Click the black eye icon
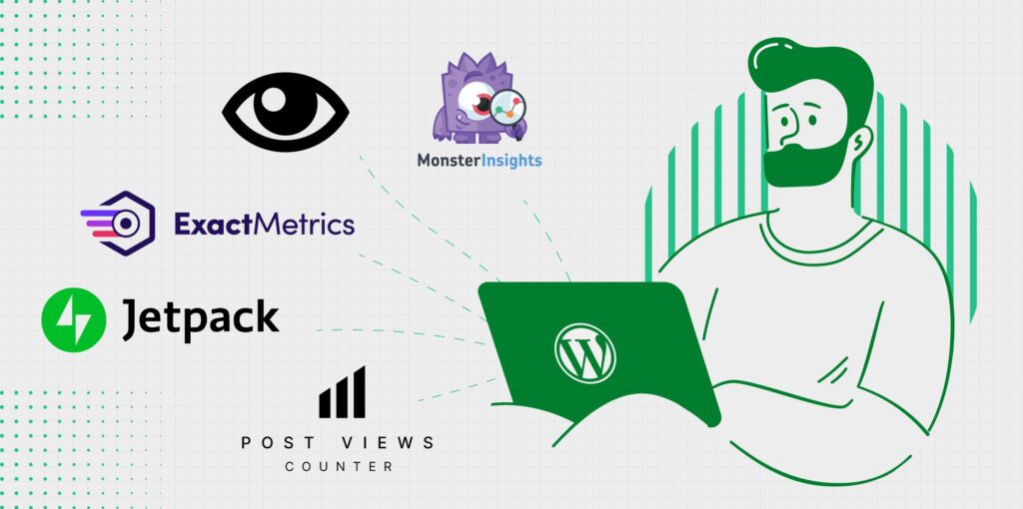click(x=285, y=112)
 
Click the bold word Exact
click(x=213, y=224)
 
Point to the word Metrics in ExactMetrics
click(x=304, y=224)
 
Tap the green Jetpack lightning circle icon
click(x=74, y=320)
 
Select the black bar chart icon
click(x=342, y=391)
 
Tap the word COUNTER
click(x=340, y=467)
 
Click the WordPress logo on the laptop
click(x=585, y=353)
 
